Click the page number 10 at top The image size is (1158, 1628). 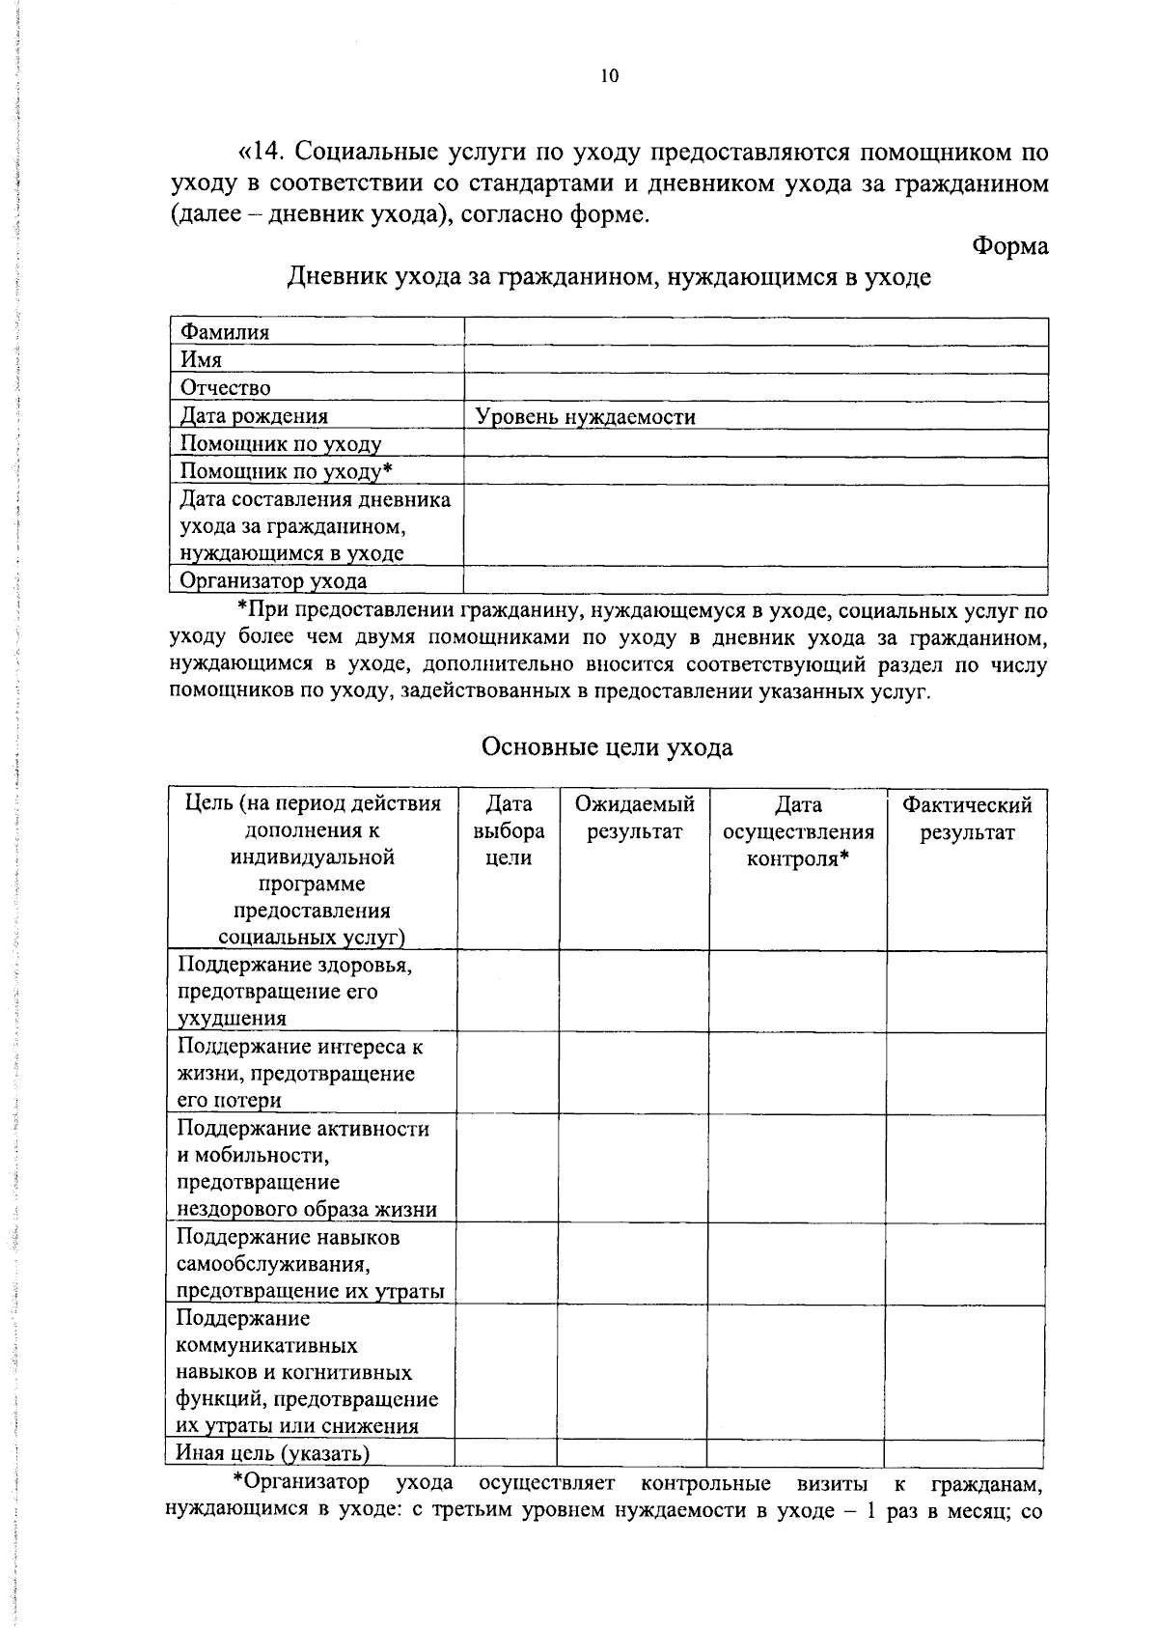609,77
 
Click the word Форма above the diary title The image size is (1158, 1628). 1009,246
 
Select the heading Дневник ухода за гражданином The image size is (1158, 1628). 609,278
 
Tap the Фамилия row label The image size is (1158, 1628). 225,332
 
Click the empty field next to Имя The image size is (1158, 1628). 756,360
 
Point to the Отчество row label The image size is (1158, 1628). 226,388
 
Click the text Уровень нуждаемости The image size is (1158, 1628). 586,417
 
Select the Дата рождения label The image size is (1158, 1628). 254,416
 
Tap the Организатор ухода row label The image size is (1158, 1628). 273,581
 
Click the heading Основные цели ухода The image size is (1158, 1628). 607,747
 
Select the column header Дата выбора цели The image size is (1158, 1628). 508,831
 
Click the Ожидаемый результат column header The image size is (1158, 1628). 634,818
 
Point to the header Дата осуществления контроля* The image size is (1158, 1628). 798,831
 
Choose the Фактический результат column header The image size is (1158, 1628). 967,818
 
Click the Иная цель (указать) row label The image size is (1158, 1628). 273,1453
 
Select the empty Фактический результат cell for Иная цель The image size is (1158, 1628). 964,1453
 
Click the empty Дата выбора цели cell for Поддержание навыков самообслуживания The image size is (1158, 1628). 507,1264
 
